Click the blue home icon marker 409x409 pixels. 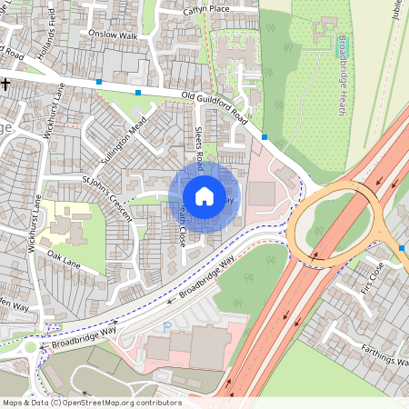pyautogui.click(x=204, y=196)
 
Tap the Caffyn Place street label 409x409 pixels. pyautogui.click(x=206, y=8)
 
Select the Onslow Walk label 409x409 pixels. pyautogui.click(x=113, y=35)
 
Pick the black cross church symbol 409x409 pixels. pyautogui.click(x=5, y=84)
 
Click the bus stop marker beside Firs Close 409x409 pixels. pyautogui.click(x=402, y=247)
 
